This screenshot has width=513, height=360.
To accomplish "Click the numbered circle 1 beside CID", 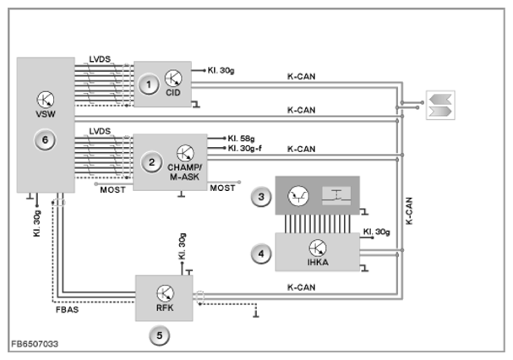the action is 149,85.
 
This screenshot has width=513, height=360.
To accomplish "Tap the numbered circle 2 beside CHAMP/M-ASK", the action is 151,162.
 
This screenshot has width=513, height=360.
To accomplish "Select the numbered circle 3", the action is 261,197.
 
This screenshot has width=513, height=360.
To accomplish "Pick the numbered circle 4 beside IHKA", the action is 261,254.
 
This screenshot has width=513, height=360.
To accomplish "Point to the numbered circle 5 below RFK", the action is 160,335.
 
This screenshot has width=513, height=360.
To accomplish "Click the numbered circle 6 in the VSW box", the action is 45,140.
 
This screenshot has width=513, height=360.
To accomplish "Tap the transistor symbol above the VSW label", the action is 46,100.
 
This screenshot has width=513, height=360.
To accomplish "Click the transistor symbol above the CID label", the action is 173,79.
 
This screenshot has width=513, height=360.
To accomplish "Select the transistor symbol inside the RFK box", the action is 165,293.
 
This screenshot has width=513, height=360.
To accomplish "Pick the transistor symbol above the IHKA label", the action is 318,248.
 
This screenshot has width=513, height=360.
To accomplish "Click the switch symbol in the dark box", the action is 336,196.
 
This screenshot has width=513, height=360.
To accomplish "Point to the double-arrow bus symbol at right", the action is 440,105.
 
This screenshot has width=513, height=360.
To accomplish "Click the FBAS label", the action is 67,309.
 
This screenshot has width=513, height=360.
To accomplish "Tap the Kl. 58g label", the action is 241,139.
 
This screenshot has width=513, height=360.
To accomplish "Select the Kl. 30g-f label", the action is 245,148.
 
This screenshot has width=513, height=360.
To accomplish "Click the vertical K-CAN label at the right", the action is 409,210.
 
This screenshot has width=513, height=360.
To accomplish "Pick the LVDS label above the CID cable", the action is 100,59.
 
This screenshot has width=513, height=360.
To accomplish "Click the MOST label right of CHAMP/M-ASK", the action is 222,188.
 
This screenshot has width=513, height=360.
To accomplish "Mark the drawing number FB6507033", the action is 35,344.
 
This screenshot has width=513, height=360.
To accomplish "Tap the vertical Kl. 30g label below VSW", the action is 37,223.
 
